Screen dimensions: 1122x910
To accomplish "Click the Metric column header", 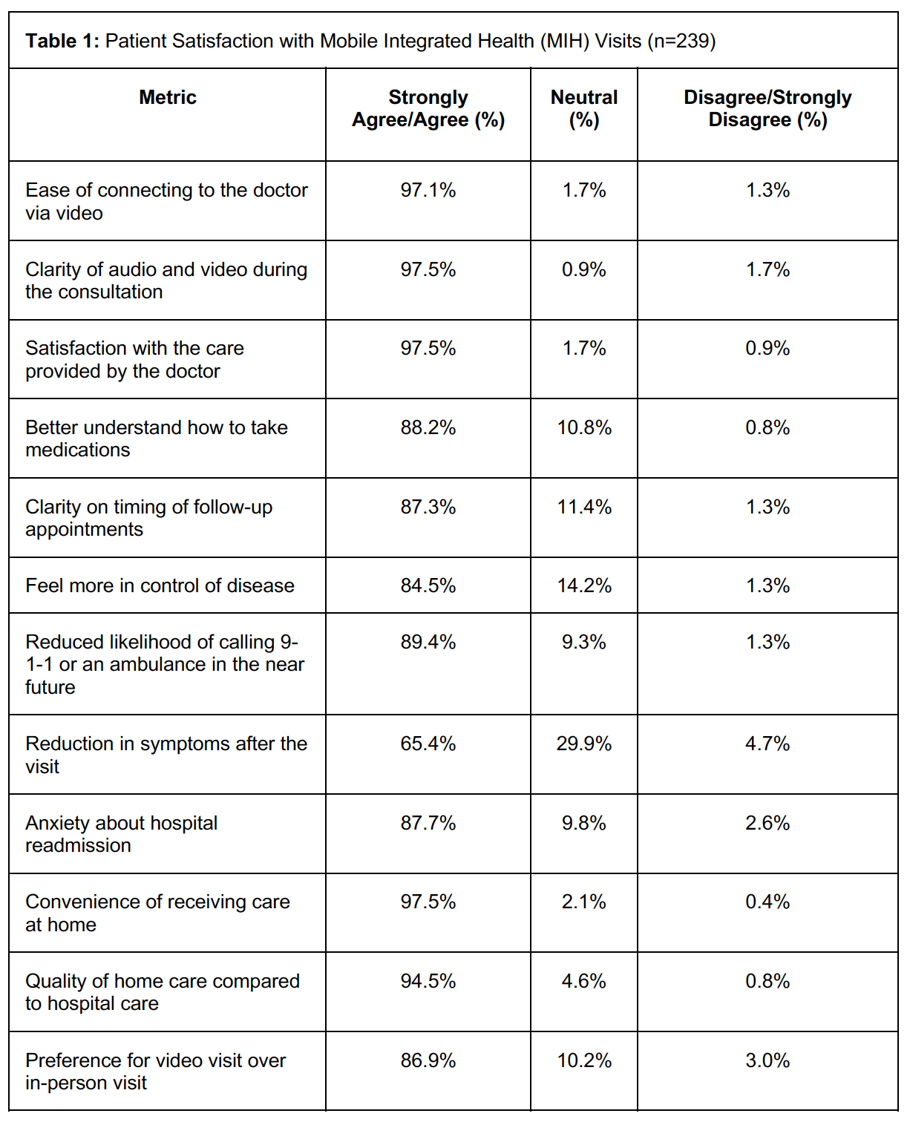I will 168,97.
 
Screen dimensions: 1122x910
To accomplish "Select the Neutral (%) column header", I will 584,108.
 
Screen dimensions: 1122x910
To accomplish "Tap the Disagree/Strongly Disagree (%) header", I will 767,108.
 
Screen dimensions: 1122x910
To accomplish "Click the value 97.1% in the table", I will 428,190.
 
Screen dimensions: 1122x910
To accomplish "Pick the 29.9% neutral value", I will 584,744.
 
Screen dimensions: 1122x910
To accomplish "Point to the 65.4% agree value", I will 428,744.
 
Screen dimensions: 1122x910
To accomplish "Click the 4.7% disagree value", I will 767,744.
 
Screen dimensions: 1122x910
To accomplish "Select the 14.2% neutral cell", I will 584,585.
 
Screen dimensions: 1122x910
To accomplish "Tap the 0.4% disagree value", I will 767,902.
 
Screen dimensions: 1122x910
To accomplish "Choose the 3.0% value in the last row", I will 767,1060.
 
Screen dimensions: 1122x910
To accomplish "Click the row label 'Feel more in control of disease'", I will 160,585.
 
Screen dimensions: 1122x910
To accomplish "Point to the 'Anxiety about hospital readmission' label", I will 122,834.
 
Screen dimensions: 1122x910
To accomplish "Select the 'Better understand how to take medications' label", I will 156,439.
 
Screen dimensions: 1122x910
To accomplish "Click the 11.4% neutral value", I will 584,507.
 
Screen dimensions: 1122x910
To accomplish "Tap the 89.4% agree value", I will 428,642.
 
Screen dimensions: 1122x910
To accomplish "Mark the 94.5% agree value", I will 428,981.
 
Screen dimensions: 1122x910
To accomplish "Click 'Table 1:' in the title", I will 62,41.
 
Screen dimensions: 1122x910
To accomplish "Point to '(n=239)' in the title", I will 681,41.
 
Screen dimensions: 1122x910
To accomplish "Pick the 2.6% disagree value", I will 767,823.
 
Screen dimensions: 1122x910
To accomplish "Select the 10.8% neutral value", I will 584,427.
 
